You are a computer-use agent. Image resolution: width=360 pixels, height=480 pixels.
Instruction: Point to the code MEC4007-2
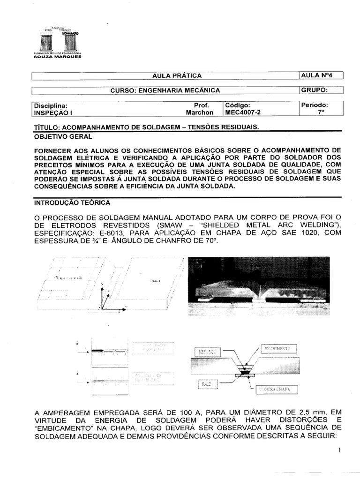coord(243,112)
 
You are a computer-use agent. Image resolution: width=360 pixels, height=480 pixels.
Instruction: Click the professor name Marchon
coord(199,112)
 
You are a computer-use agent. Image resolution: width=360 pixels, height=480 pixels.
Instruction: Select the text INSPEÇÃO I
coord(52,112)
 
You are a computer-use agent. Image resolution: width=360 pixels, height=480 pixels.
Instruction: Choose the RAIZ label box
coord(206,384)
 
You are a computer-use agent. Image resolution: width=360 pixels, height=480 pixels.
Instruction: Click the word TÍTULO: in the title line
coord(47,127)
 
